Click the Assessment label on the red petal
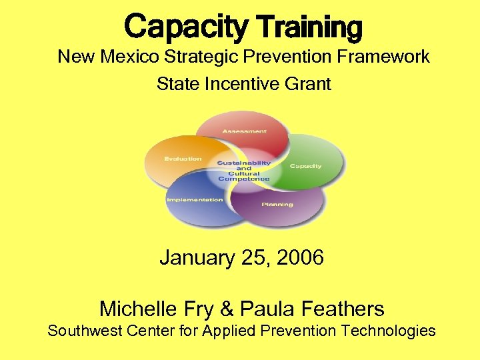(244, 131)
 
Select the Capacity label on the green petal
(305, 166)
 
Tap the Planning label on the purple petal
(277, 204)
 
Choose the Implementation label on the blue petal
(195, 200)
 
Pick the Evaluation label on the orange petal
(183, 159)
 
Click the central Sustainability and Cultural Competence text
(244, 171)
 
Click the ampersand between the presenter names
(227, 309)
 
